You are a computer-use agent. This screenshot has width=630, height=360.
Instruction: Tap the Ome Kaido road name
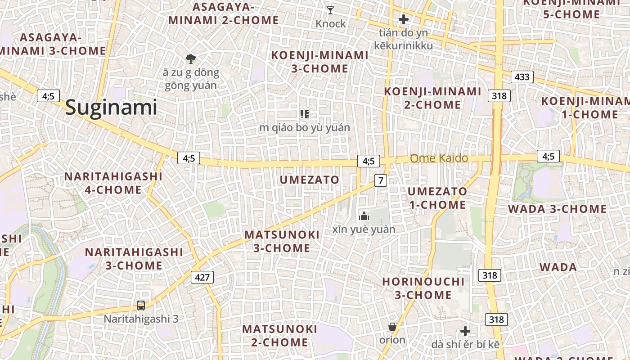click(439, 158)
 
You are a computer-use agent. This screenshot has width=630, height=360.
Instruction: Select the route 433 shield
click(522, 77)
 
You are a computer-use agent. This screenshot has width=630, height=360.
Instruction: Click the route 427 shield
click(202, 277)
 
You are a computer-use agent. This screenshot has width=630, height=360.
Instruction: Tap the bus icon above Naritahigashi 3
click(141, 306)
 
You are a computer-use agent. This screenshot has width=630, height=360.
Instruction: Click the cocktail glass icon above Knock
click(330, 10)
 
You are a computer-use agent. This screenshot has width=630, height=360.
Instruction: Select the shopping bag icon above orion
click(392, 327)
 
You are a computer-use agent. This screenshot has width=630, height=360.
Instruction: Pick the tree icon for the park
click(191, 58)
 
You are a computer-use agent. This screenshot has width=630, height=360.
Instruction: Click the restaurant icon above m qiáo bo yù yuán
click(305, 114)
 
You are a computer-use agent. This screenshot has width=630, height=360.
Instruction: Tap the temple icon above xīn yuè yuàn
click(364, 217)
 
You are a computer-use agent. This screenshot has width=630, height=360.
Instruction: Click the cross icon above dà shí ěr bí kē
click(465, 332)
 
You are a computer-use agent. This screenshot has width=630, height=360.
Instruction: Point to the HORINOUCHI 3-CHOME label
click(423, 288)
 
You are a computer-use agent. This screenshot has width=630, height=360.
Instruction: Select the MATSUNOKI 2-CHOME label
click(279, 336)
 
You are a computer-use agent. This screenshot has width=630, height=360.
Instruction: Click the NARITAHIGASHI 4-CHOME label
click(113, 183)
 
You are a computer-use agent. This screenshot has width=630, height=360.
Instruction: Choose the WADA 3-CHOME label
click(557, 209)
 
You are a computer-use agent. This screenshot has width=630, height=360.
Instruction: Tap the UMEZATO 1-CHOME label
click(437, 198)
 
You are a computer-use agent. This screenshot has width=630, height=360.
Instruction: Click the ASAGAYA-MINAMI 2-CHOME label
click(224, 13)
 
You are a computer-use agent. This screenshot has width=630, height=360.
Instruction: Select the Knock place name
click(331, 23)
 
